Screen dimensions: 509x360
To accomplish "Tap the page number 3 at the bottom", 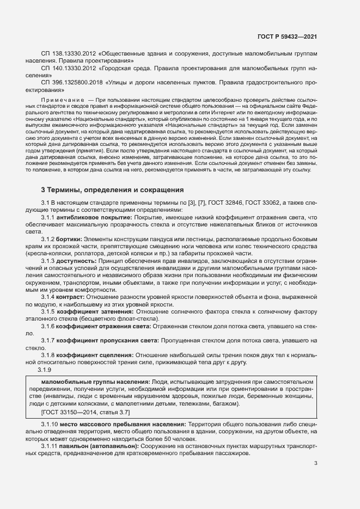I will [315, 479].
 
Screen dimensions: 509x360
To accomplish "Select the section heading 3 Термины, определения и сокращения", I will [112, 190].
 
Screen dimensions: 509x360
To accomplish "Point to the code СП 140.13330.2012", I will [68, 70].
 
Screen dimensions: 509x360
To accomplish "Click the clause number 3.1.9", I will [45, 371].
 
